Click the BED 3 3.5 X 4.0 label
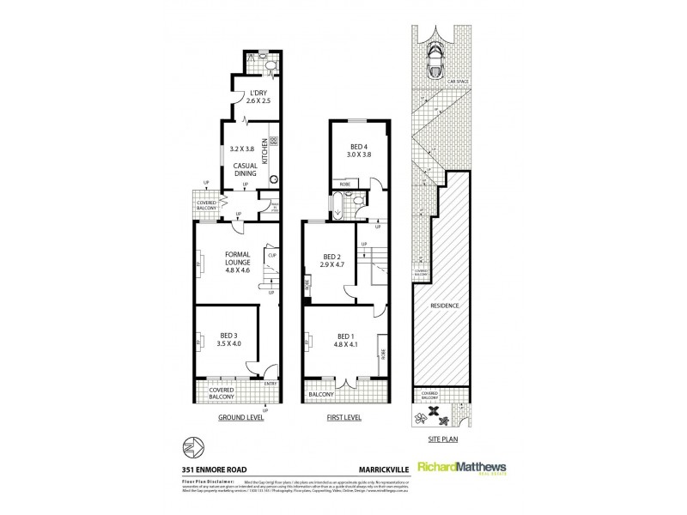(x=229, y=340)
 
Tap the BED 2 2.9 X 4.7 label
(x=333, y=261)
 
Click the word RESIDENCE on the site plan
(x=444, y=306)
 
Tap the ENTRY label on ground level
(x=271, y=384)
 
